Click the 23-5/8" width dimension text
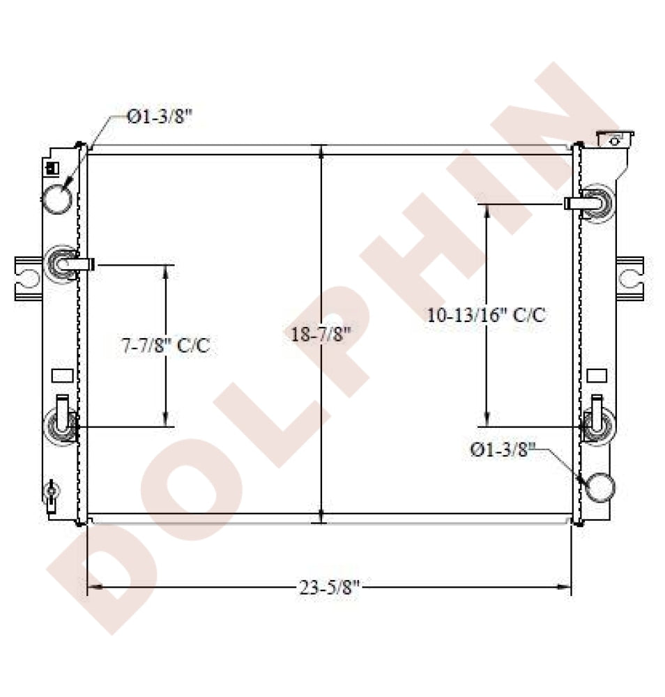click(328, 588)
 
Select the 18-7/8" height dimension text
click(321, 334)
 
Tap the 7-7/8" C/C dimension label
click(166, 345)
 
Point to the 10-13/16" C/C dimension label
click(486, 315)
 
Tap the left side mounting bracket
click(28, 279)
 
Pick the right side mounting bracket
click(630, 279)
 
